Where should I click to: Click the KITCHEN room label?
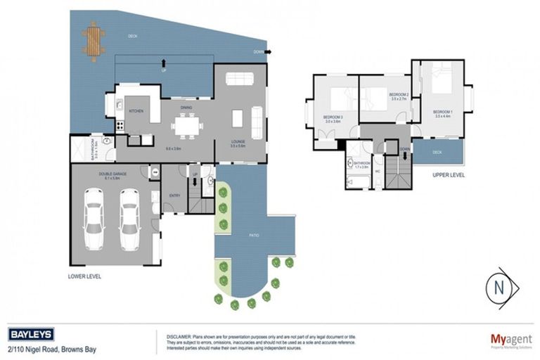[x=136, y=111]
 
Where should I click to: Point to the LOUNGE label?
[x=239, y=141]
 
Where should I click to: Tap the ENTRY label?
[x=174, y=196]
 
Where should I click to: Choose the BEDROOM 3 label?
[x=333, y=117]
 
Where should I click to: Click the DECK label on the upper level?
[x=437, y=151]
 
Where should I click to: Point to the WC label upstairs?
[x=378, y=171]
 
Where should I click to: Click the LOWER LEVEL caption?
[x=85, y=277]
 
